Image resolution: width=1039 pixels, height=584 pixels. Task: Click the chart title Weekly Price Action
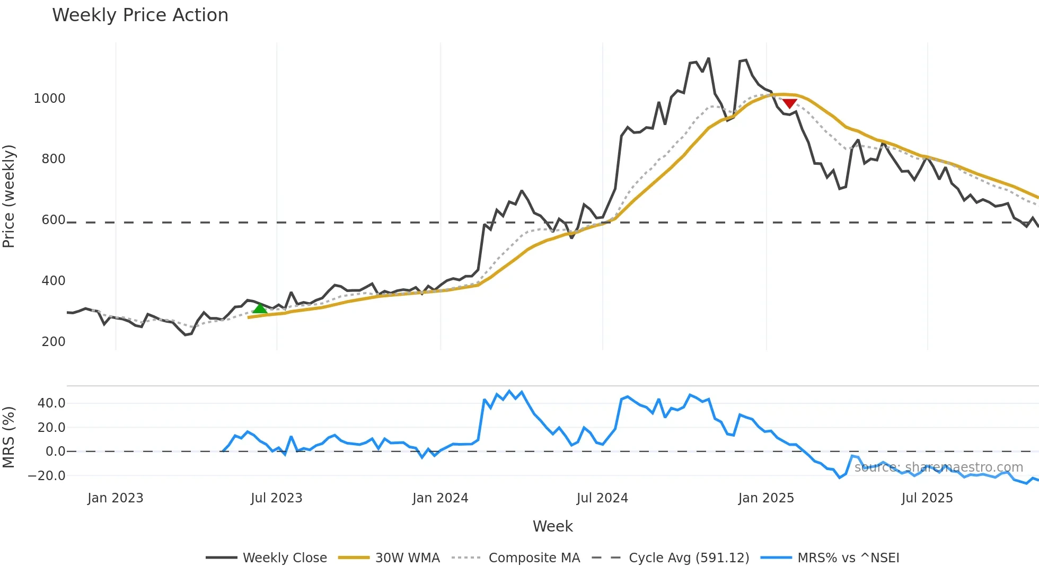coord(140,15)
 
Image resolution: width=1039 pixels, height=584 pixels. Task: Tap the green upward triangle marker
coord(260,308)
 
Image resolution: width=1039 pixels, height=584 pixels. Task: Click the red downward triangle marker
coord(790,103)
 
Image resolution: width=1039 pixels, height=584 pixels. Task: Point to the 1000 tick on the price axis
coord(49,99)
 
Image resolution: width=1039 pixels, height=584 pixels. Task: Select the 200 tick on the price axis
coord(54,342)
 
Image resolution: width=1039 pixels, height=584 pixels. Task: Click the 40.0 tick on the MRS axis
coord(51,403)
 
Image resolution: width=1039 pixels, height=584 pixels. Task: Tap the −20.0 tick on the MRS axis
coord(47,476)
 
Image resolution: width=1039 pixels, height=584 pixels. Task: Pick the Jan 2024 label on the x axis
coord(440,498)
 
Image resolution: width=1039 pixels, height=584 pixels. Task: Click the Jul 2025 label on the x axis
coord(927,498)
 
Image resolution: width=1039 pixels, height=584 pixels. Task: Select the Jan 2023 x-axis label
coord(116,498)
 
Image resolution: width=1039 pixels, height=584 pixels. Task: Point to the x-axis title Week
coord(552,526)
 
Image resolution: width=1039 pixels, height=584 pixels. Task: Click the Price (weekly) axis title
coord(9,196)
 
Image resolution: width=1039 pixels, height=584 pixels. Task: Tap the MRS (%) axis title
coord(9,437)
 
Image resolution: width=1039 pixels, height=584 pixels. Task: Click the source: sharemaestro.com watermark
coord(938,467)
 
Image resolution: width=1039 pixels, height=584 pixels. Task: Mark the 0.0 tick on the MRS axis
coord(55,452)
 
